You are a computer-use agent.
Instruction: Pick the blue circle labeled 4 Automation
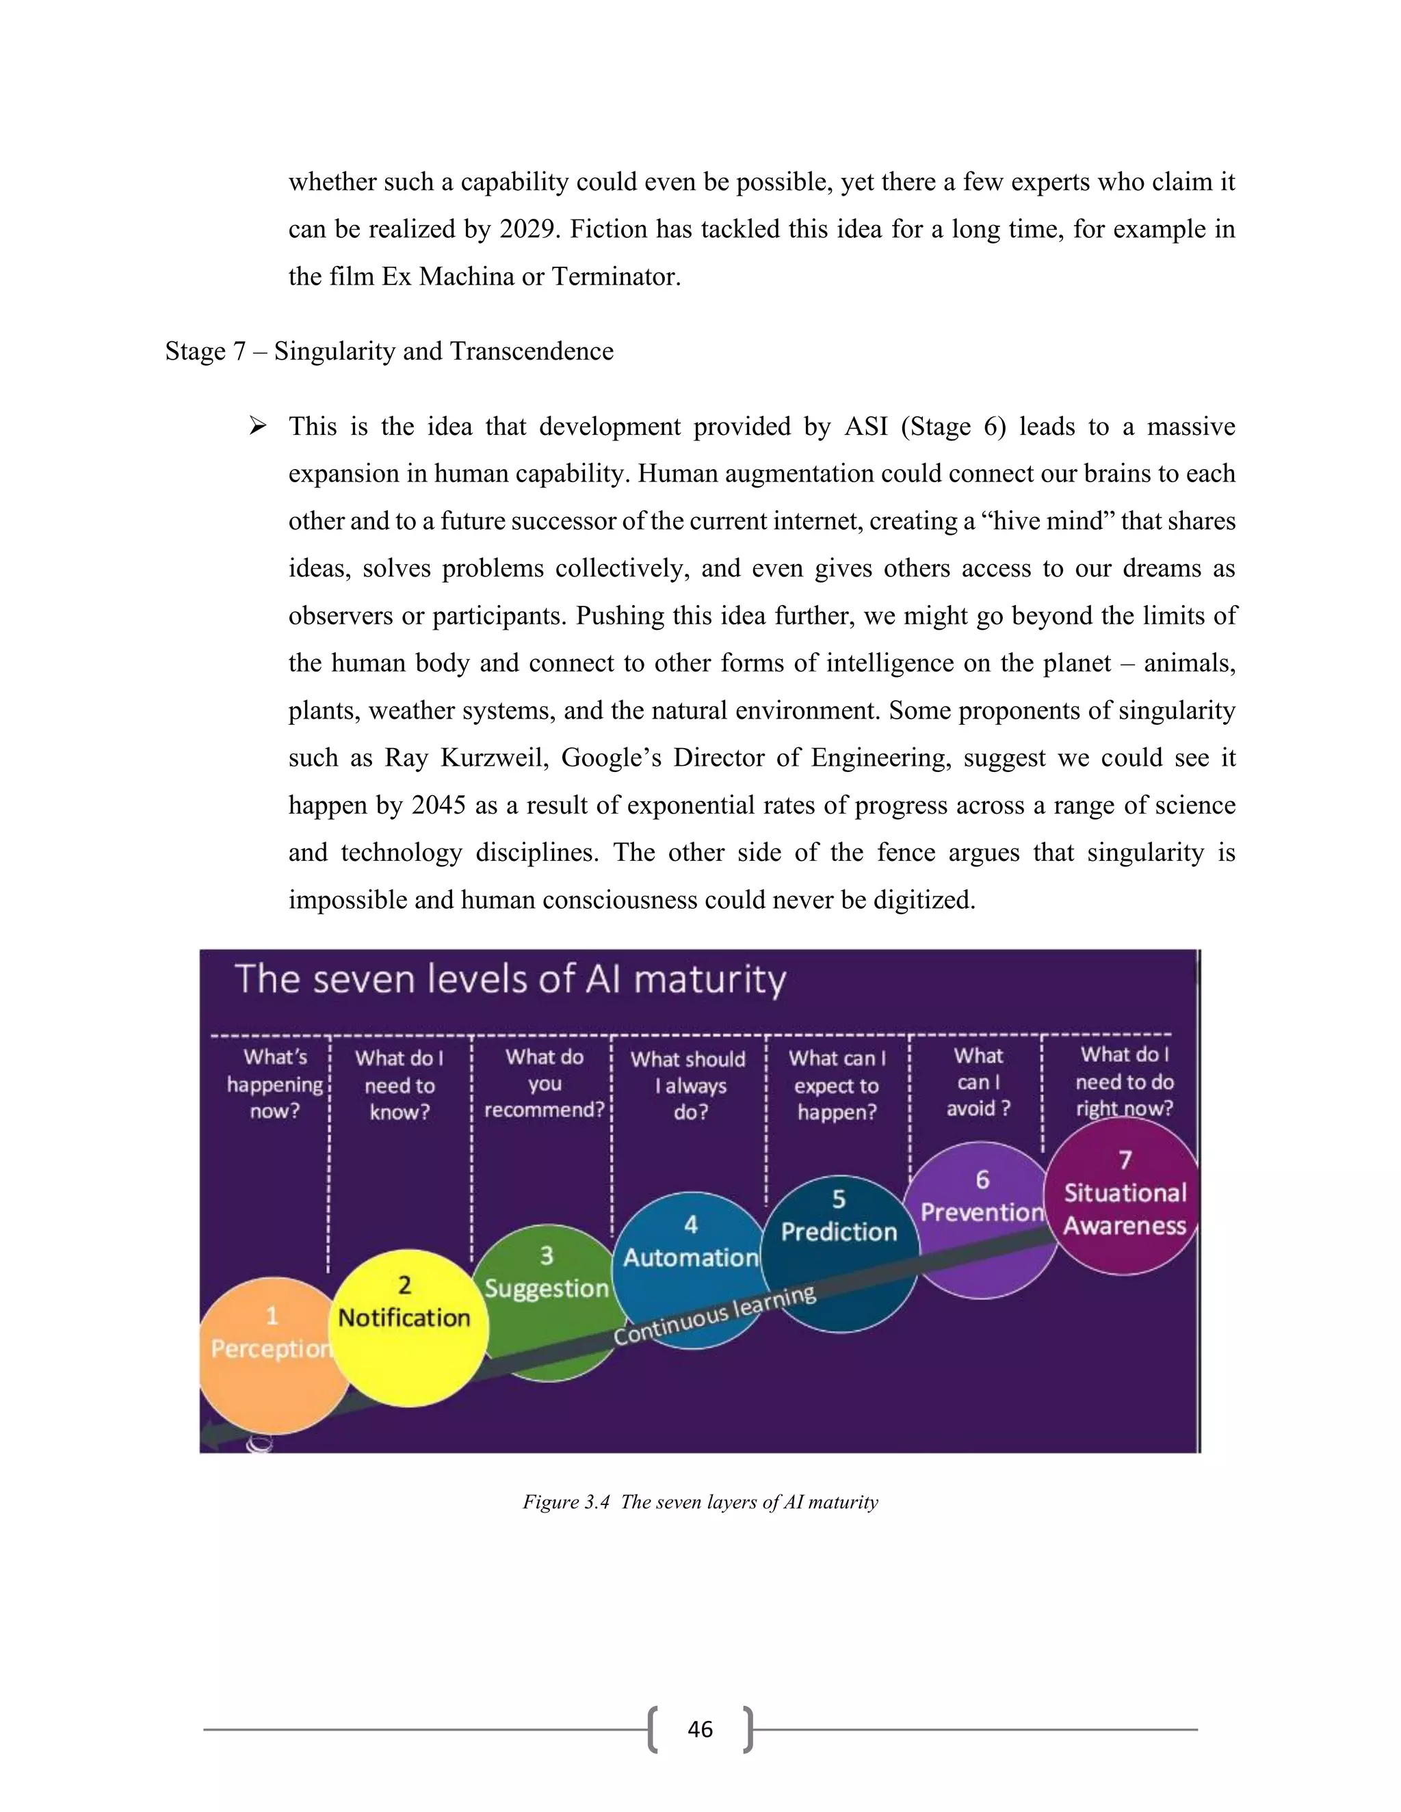point(690,1244)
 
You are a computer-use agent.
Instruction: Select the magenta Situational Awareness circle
point(1125,1195)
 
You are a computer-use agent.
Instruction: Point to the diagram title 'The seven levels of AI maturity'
point(510,979)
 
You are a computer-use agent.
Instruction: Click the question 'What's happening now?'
point(275,1084)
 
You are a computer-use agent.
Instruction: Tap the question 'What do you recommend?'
point(545,1084)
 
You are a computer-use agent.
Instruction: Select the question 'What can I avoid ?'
point(978,1082)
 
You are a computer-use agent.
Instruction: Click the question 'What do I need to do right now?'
point(1125,1082)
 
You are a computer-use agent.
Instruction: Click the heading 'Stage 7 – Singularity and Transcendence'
point(389,351)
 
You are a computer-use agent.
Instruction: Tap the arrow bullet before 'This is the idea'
point(257,427)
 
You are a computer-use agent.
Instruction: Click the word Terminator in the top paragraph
point(616,276)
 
